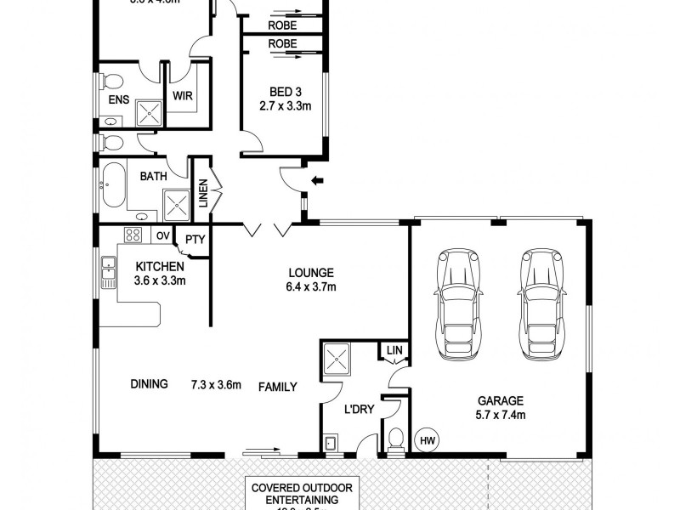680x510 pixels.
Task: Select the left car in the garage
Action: coord(457,303)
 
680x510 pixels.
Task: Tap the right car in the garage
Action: coord(540,303)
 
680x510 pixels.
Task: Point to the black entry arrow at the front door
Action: coord(318,180)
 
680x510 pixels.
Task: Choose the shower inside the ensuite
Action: coord(149,113)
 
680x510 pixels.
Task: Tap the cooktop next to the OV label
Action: coord(134,235)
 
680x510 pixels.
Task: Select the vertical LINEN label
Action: coord(204,193)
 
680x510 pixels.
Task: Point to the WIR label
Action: coord(182,96)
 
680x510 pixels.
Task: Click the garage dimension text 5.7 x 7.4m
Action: coord(500,416)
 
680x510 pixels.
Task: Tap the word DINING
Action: coord(148,384)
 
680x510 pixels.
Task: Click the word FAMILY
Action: coord(277,387)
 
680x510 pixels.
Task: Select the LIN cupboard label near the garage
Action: coord(394,350)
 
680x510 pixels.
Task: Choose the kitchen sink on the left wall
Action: coord(108,273)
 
